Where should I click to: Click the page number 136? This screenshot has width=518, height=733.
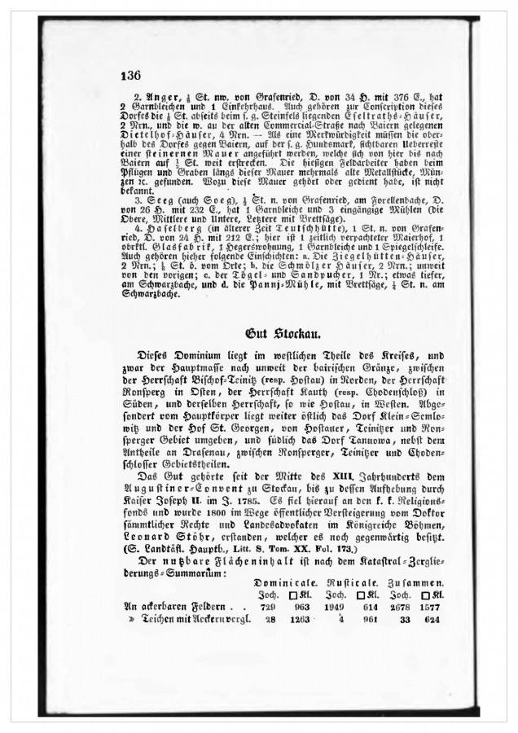tap(130, 75)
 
